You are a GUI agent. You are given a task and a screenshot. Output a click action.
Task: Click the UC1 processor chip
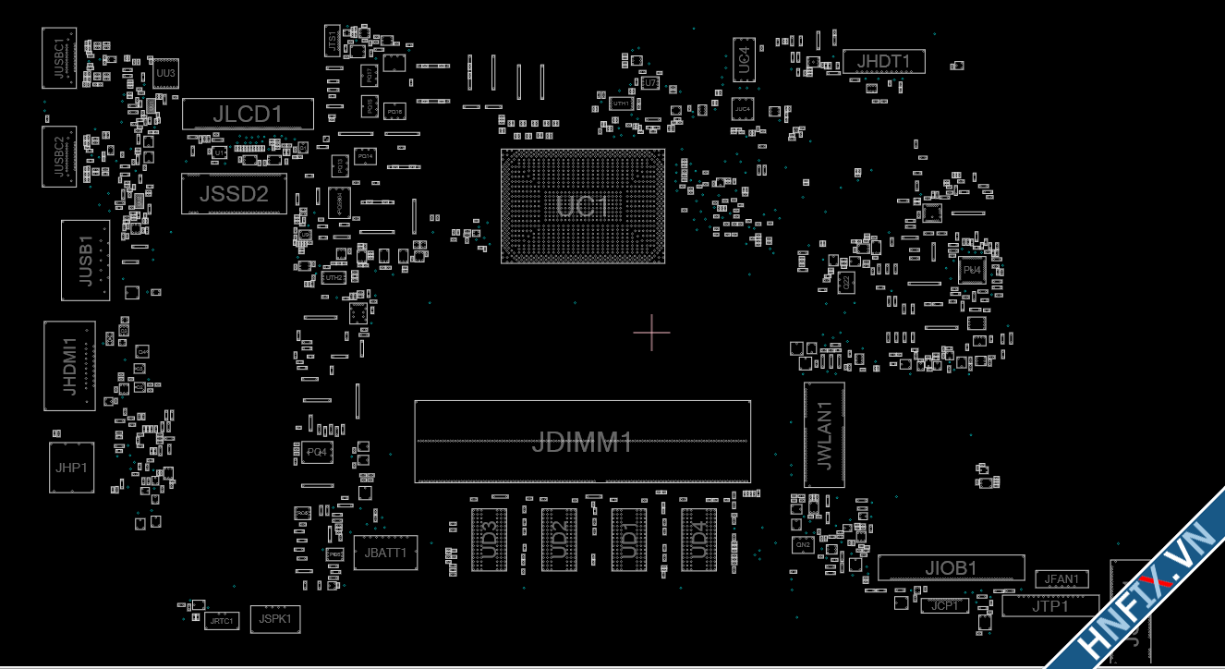pyautogui.click(x=583, y=206)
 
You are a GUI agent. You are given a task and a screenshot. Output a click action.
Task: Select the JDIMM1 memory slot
pyautogui.click(x=582, y=442)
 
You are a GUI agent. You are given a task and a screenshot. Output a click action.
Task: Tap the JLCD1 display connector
pyautogui.click(x=248, y=114)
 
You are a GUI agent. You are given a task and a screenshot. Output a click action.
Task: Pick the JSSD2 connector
pyautogui.click(x=234, y=193)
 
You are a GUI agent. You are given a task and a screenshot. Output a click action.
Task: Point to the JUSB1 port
pyautogui.click(x=85, y=260)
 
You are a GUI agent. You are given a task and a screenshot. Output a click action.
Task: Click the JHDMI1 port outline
pyautogui.click(x=69, y=366)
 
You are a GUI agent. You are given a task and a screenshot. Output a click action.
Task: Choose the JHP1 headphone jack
pyautogui.click(x=70, y=468)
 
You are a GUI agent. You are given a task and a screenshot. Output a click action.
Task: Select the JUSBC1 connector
pyautogui.click(x=59, y=58)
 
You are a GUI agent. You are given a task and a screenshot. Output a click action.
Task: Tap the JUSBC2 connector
pyautogui.click(x=59, y=155)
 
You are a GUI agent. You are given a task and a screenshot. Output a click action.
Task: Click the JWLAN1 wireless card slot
pyautogui.click(x=824, y=434)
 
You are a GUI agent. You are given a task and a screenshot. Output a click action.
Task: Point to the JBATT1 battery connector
pyautogui.click(x=385, y=553)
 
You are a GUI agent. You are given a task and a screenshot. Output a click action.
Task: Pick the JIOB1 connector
pyautogui.click(x=951, y=567)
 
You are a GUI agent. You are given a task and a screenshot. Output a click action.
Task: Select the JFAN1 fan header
pyautogui.click(x=1061, y=579)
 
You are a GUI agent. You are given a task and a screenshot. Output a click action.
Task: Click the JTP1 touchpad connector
pyautogui.click(x=1050, y=606)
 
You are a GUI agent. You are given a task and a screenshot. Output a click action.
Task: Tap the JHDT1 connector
pyautogui.click(x=883, y=62)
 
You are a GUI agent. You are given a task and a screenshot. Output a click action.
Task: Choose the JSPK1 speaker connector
pyautogui.click(x=275, y=618)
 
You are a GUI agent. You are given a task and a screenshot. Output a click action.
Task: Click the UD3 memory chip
pyautogui.click(x=489, y=539)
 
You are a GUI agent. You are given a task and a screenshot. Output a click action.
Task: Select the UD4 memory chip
pyautogui.click(x=698, y=539)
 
